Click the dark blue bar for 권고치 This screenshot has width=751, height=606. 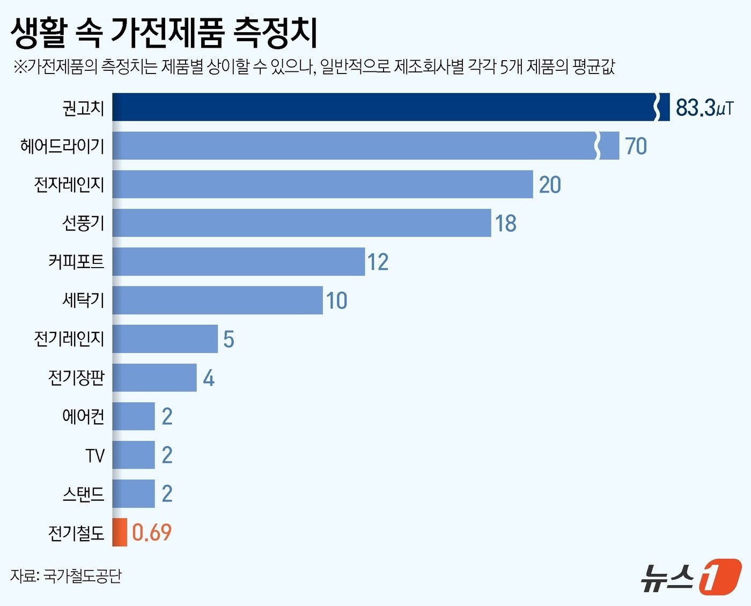tap(384, 107)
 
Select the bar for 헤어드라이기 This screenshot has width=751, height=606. tap(354, 146)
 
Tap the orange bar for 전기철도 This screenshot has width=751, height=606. tap(120, 533)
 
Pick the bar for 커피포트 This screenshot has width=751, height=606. tap(239, 262)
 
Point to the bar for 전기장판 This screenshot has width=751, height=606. tap(154, 378)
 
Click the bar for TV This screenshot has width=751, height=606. tap(134, 455)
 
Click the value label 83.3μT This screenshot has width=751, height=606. tap(704, 108)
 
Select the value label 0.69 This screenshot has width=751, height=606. tap(152, 533)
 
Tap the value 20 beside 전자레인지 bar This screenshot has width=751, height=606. tap(550, 185)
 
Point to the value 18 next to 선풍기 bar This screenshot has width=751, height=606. tap(505, 224)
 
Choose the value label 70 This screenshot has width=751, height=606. tap(636, 146)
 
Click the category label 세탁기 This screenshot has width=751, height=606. tap(83, 300)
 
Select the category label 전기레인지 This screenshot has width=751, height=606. tap(69, 339)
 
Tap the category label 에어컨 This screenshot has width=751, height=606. tap(83, 416)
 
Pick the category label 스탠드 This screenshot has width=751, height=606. tap(83, 493)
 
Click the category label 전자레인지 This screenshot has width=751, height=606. tap(69, 184)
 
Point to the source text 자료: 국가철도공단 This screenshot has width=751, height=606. tap(66, 575)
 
